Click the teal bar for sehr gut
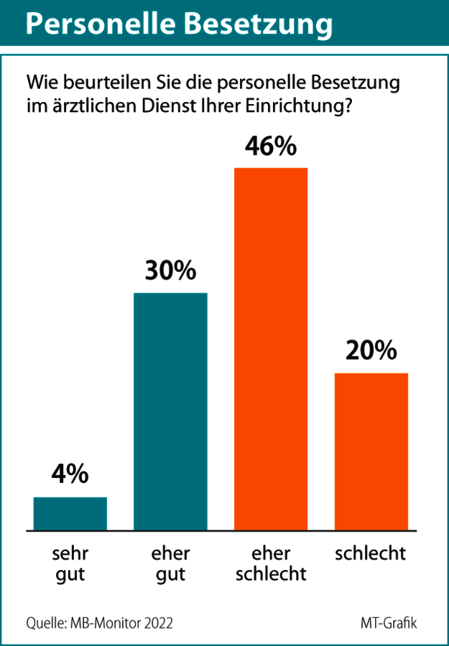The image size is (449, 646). pos(70,513)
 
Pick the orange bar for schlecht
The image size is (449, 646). pos(371,451)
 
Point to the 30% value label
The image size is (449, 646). pos(170,271)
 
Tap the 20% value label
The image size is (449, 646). pos(371,351)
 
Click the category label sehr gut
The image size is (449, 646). pos(70,564)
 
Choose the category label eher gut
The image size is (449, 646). pos(170,564)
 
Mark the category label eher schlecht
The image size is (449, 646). pos(271,564)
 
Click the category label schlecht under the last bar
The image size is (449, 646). pos(371,554)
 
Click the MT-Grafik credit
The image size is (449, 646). pos(389,622)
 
